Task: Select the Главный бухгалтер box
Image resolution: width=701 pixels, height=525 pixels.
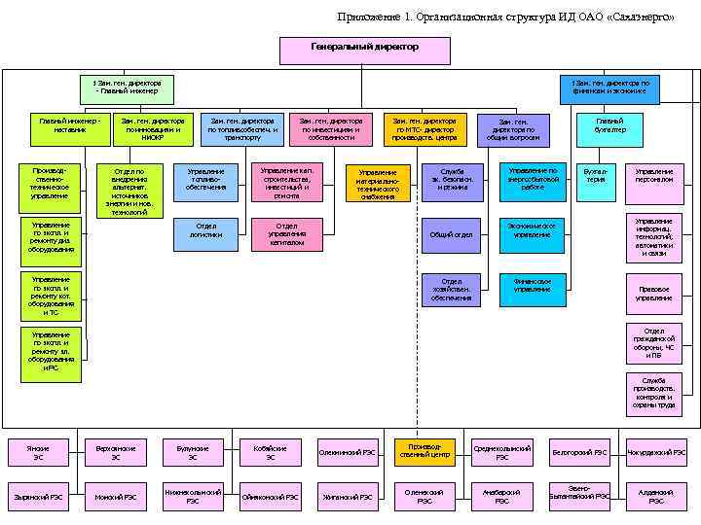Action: click(609, 125)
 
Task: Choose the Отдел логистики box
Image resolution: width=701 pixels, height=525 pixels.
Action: click(205, 230)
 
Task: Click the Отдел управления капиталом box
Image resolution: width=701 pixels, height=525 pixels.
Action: click(286, 234)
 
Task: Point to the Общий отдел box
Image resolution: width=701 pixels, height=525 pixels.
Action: click(451, 234)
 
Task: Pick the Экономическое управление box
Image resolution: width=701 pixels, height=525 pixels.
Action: click(532, 230)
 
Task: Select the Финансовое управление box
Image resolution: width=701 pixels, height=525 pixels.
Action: click(532, 285)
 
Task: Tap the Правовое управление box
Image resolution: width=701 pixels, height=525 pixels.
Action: click(653, 293)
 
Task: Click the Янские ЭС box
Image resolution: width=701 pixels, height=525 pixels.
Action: click(38, 452)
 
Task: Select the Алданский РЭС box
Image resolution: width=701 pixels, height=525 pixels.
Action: click(655, 496)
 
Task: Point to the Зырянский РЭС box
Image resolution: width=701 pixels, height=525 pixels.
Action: click(38, 497)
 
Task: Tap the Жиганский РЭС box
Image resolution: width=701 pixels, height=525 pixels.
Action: click(347, 497)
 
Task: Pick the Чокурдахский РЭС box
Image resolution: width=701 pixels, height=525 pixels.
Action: click(655, 452)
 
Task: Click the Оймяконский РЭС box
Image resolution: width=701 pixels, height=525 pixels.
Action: click(270, 497)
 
